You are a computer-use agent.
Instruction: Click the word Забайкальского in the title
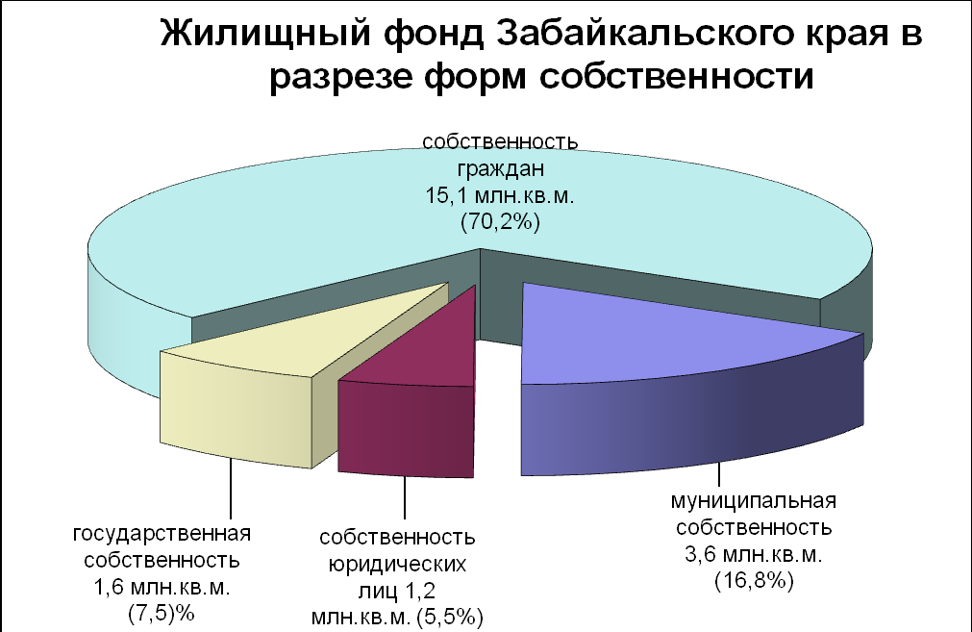(x=645, y=34)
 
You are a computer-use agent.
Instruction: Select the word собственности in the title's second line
(x=676, y=77)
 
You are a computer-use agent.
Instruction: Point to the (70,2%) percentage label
(x=500, y=221)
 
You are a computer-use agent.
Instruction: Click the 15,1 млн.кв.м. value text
(x=500, y=195)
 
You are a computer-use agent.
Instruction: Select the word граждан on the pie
(x=501, y=169)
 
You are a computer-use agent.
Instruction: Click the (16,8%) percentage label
(x=755, y=581)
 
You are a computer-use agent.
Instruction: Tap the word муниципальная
(x=754, y=500)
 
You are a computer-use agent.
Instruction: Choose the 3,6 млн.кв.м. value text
(x=754, y=554)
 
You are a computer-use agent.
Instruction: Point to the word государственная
(x=162, y=534)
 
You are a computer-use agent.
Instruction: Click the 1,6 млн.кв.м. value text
(x=162, y=587)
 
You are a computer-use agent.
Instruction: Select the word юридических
(x=397, y=565)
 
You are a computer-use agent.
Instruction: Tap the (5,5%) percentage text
(x=450, y=618)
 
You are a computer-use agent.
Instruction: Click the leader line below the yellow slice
(x=231, y=489)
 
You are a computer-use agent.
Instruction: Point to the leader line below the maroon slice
(x=405, y=497)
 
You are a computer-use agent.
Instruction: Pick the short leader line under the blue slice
(x=719, y=474)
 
